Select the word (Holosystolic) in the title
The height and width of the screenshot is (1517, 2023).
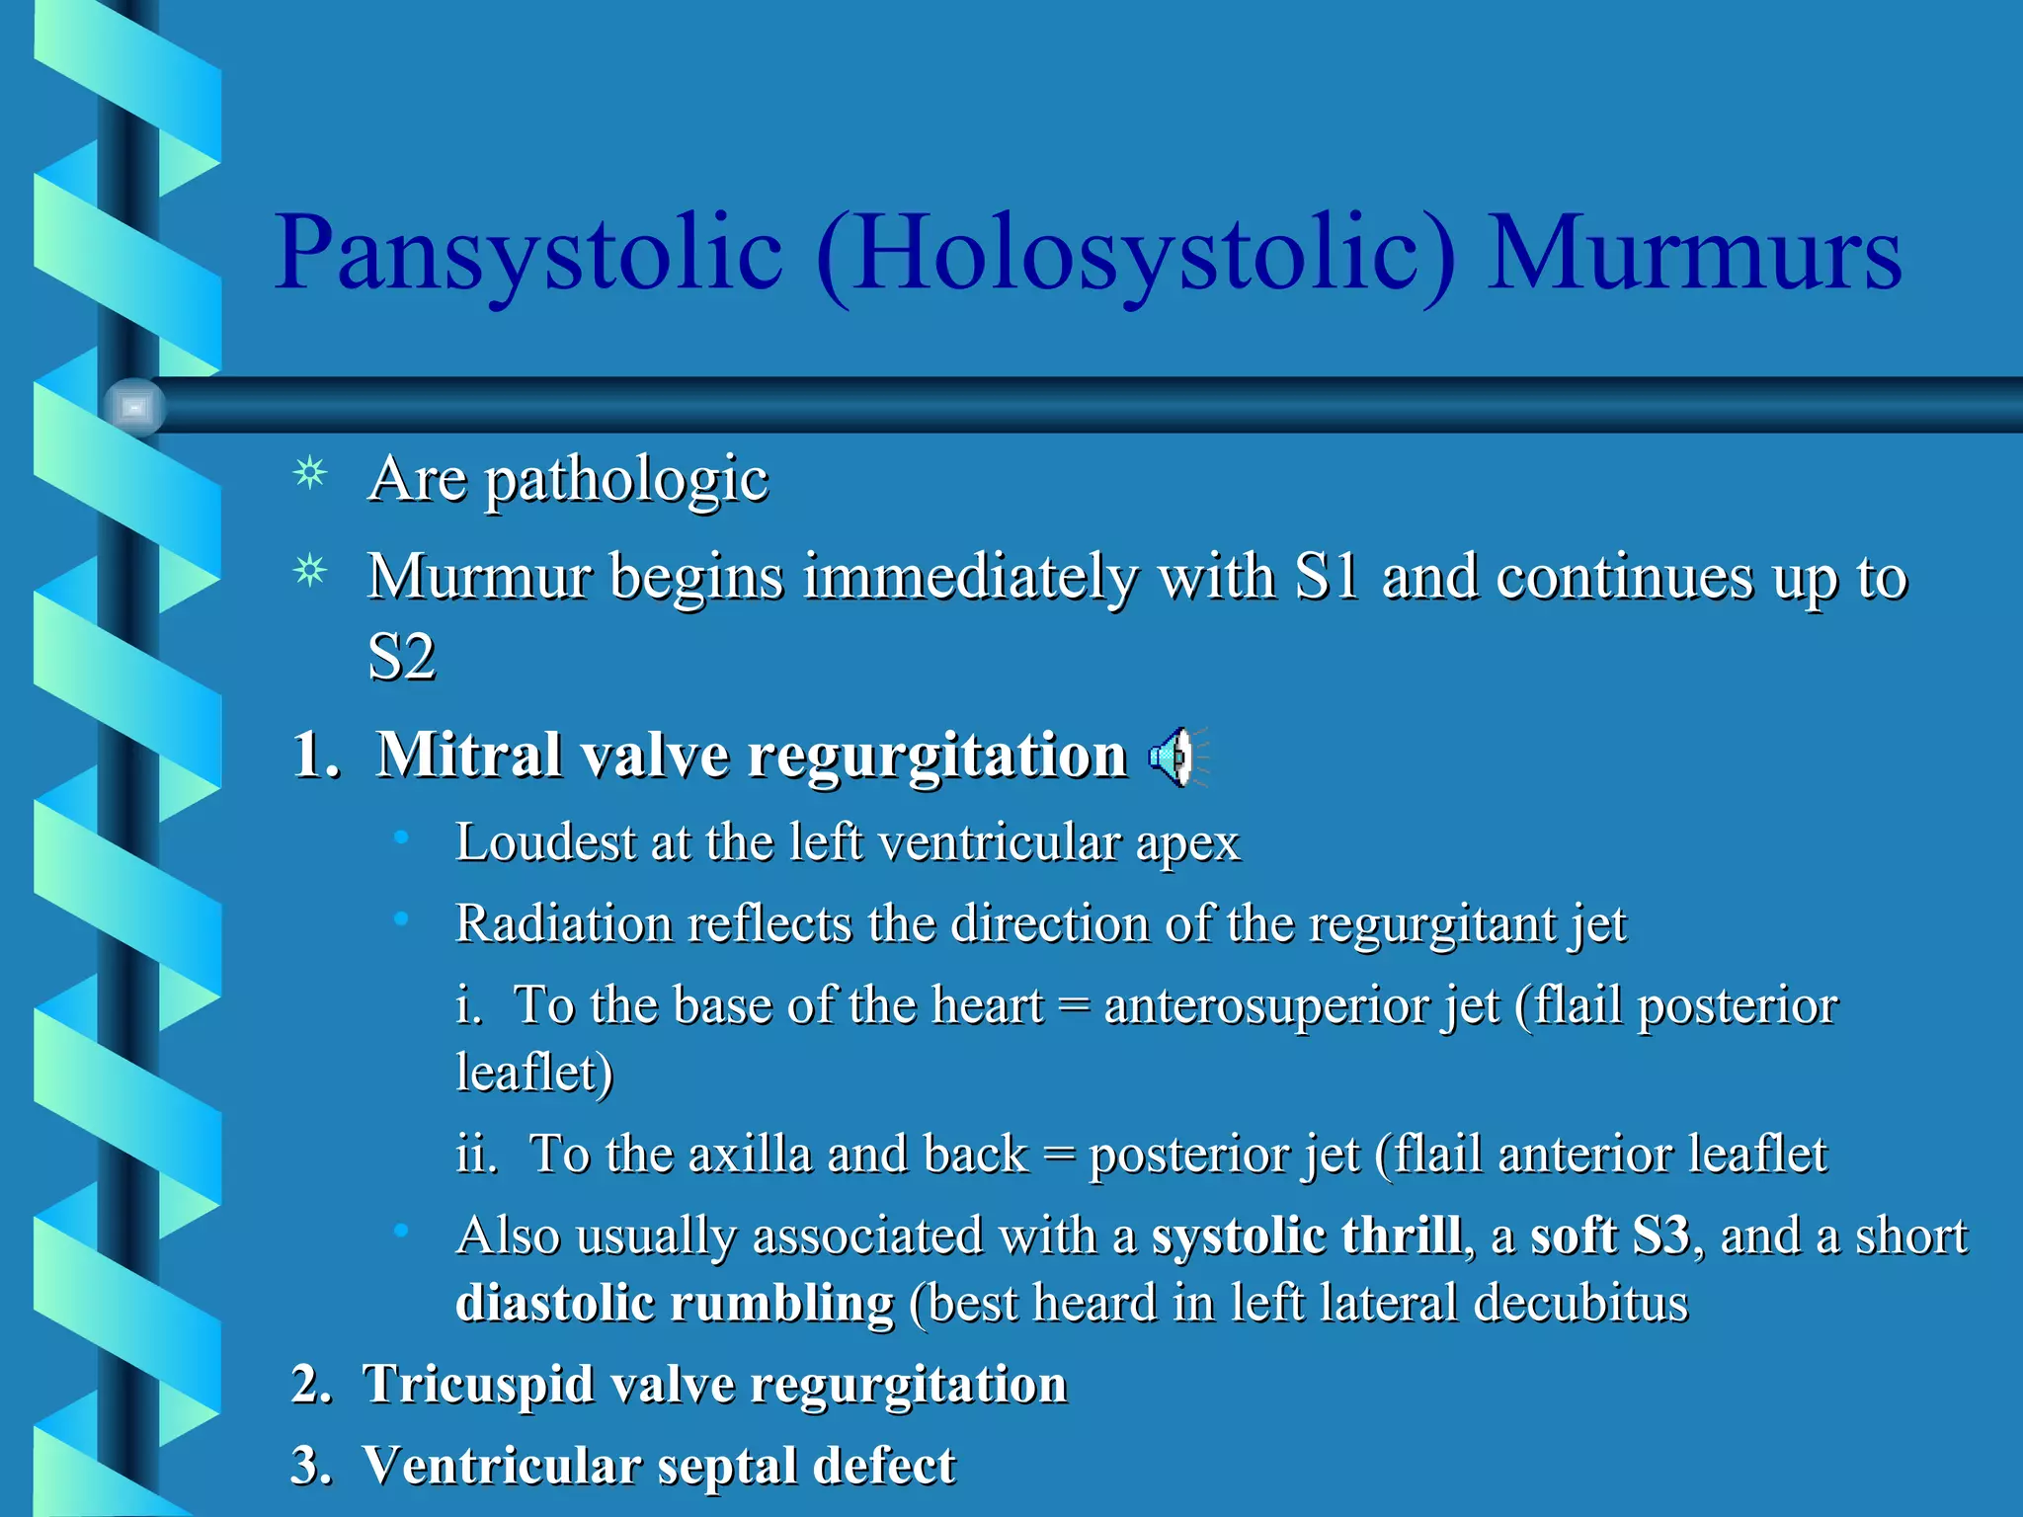[1136, 255]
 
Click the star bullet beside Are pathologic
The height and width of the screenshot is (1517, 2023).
[311, 475]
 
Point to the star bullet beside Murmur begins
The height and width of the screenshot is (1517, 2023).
[311, 572]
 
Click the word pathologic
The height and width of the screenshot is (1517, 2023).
[626, 481]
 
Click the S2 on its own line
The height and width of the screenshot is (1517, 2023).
[401, 657]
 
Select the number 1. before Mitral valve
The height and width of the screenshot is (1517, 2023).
[316, 756]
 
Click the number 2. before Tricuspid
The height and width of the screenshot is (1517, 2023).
[311, 1384]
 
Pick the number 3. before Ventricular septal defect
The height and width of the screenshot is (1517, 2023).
[311, 1465]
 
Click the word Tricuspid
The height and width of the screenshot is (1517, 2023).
[478, 1385]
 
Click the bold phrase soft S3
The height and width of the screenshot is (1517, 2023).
[1610, 1235]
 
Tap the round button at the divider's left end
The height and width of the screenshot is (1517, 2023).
[134, 406]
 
